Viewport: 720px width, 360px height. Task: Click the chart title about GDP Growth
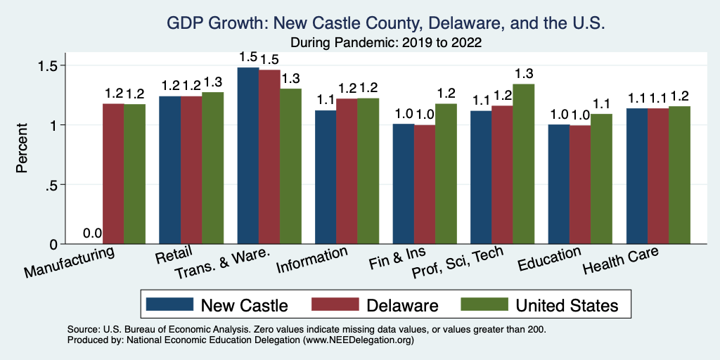click(385, 23)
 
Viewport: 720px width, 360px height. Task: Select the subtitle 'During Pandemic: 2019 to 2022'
click(385, 43)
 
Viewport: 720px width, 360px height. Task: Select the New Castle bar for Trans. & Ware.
click(247, 155)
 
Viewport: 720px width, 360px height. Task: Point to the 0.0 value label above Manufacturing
click(92, 234)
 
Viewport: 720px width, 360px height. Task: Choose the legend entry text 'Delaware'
click(403, 305)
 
